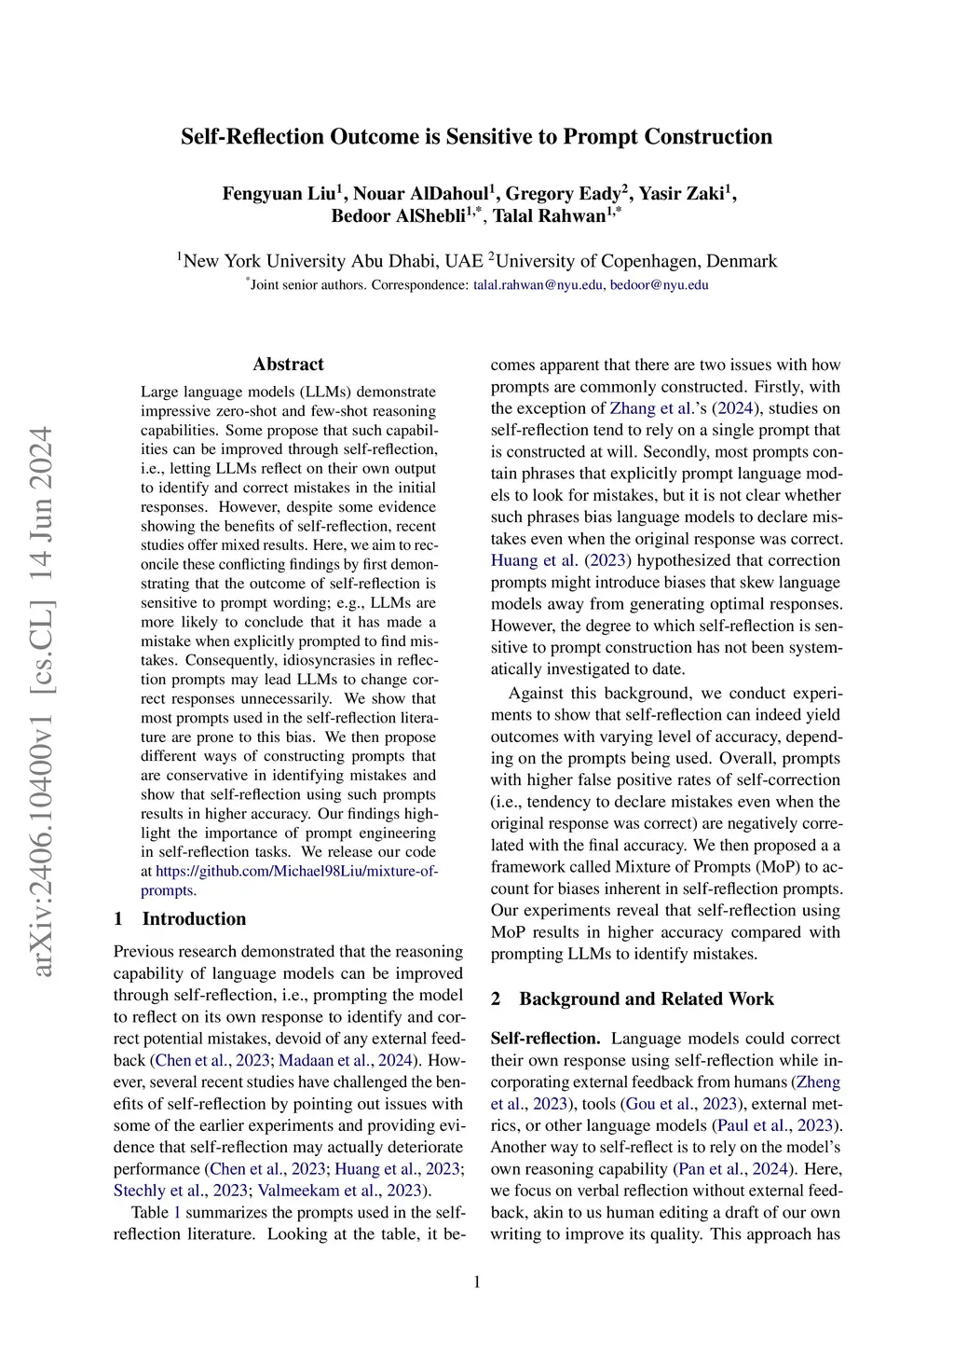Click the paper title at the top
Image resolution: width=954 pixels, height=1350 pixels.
(476, 137)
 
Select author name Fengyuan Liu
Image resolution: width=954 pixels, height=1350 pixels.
(278, 194)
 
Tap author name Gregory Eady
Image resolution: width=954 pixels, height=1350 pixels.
(564, 194)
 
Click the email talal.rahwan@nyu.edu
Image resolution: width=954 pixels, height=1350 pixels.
(538, 285)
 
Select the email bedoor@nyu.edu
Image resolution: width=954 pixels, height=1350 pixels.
(660, 285)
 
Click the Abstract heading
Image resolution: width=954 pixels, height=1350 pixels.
(289, 365)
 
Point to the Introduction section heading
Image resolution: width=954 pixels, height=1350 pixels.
(194, 919)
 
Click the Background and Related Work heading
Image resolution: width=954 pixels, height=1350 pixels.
(646, 999)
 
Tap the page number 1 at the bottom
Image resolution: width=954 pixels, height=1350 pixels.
(477, 1283)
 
